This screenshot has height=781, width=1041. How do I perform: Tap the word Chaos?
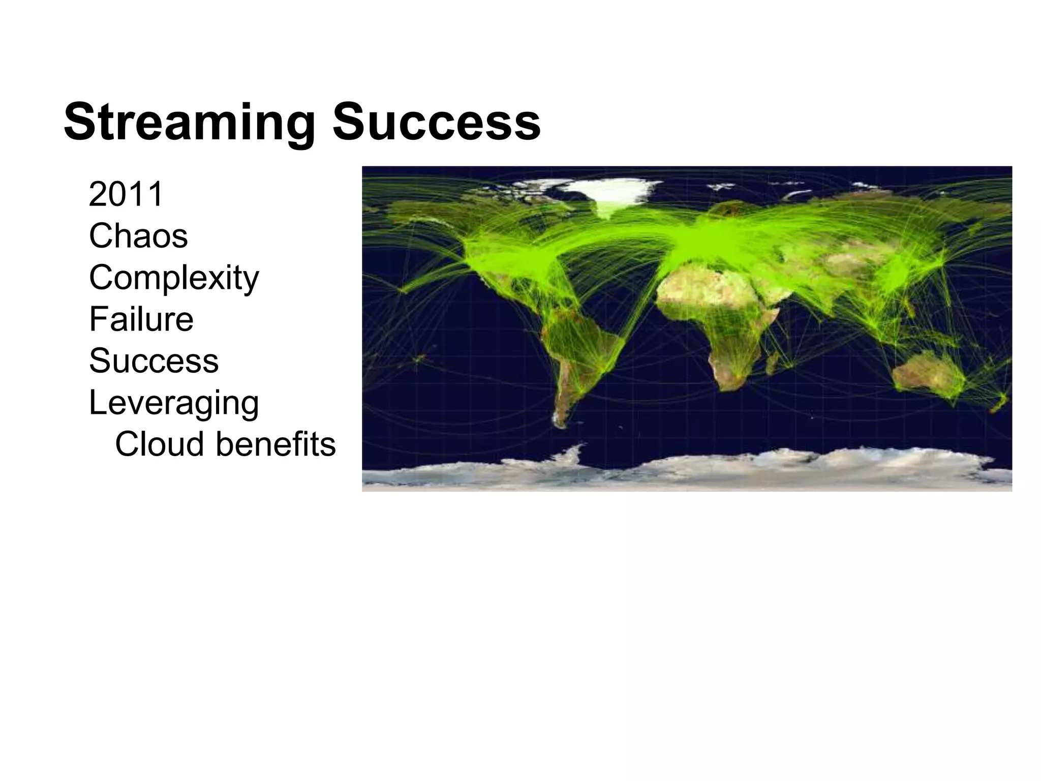pyautogui.click(x=138, y=236)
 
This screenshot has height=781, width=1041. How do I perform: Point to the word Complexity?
pyautogui.click(x=174, y=278)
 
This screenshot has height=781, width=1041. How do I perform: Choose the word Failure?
pyautogui.click(x=141, y=319)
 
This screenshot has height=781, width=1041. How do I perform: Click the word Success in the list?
pyautogui.click(x=154, y=361)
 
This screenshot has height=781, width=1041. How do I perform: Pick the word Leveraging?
pyautogui.click(x=174, y=403)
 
